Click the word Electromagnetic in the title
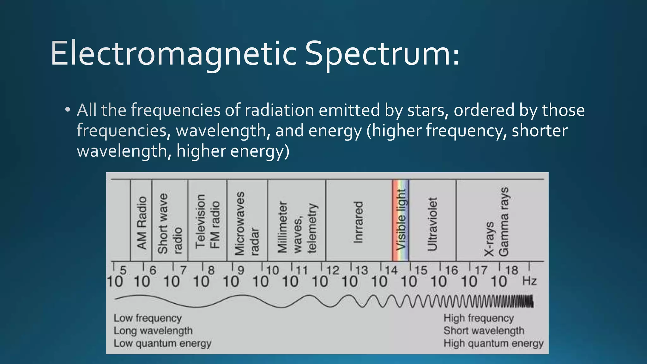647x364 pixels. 173,54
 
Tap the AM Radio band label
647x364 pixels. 142,223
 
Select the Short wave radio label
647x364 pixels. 170,224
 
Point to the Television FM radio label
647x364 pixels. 207,221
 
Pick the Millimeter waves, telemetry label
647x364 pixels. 297,227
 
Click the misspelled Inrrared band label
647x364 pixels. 358,222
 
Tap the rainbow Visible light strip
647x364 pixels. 401,220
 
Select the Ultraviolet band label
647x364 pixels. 432,224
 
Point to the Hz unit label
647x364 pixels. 529,281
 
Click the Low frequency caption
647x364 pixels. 148,318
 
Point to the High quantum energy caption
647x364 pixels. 493,343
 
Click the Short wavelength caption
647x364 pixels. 484,331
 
